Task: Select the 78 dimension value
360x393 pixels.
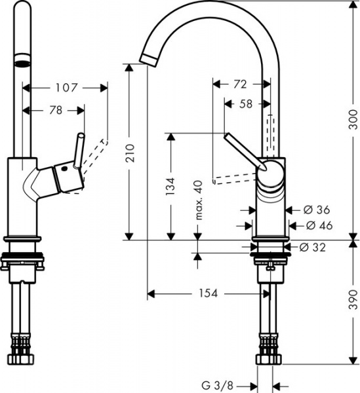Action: [55, 111]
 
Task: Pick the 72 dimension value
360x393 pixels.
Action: [240, 84]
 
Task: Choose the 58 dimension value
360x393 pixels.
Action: [245, 103]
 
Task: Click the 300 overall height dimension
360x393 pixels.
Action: [353, 121]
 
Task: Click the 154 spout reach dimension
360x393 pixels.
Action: [208, 293]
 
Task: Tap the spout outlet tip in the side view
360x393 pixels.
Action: [148, 59]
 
